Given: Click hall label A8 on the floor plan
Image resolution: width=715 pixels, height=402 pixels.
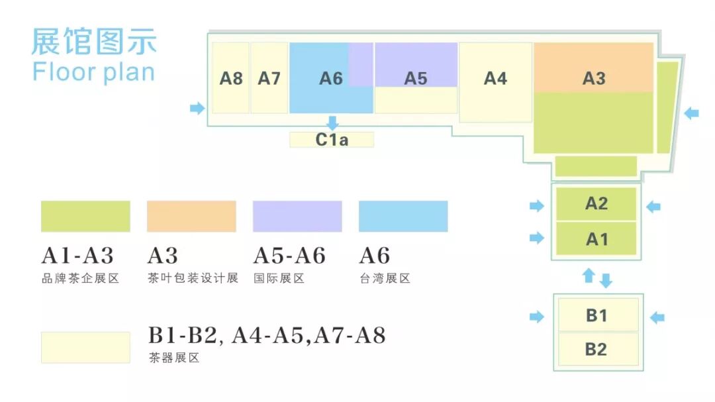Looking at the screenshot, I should [x=231, y=78].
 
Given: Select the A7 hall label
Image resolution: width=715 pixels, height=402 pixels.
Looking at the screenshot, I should [x=269, y=78].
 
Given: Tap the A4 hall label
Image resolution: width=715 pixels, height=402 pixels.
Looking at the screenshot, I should [x=495, y=78].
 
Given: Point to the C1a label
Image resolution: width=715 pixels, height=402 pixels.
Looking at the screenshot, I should [x=332, y=140].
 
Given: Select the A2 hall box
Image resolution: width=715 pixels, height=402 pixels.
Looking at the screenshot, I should [x=596, y=203].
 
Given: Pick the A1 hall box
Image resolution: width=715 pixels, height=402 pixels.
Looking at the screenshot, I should [x=596, y=238].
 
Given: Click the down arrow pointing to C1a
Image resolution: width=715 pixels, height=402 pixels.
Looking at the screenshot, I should [x=332, y=123].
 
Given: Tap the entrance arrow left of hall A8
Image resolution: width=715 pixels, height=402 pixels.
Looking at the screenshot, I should [x=197, y=108].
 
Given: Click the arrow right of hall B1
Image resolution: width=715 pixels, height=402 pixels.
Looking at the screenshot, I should [x=657, y=318].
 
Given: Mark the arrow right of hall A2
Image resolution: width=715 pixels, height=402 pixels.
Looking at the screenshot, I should [x=653, y=207].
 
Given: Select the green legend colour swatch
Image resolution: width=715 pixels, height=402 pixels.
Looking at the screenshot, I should [x=85, y=217].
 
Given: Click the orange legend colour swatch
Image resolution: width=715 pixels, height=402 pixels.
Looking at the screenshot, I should [x=191, y=217].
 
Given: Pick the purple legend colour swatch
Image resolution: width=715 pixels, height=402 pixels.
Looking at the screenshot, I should [x=297, y=217].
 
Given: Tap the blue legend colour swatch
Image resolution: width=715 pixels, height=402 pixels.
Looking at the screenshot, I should [x=403, y=217].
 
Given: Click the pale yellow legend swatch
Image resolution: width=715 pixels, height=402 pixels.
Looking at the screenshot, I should [x=85, y=348].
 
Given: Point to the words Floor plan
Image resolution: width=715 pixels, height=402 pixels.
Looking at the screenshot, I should [x=93, y=72].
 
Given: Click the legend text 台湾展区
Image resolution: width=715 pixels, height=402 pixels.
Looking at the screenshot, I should [x=385, y=279].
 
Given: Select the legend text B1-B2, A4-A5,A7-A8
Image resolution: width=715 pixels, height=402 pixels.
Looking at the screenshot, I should [x=266, y=336].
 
